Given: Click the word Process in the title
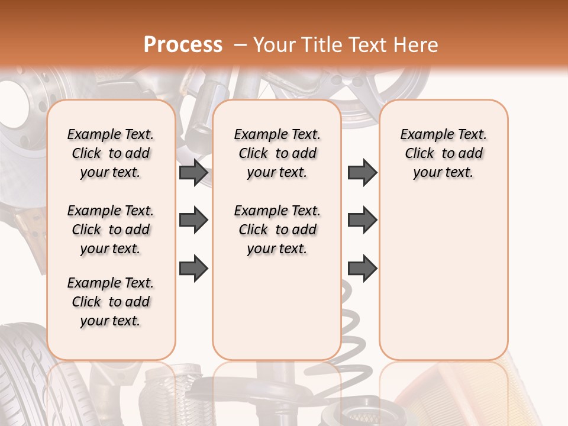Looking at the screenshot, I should (183, 45).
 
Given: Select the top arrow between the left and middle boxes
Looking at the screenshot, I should (193, 173).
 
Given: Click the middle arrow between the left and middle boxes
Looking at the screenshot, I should (193, 221).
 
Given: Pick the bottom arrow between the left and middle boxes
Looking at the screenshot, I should (193, 268).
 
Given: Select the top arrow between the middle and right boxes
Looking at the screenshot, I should (362, 173).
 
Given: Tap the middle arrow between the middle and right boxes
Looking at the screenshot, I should (362, 221).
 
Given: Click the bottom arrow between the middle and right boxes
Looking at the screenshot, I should (362, 268).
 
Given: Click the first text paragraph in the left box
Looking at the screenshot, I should (110, 153).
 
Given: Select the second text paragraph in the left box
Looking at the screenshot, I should (110, 230).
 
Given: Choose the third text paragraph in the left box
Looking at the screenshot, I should (110, 302).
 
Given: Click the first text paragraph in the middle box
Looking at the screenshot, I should (277, 153).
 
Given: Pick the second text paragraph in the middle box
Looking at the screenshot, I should (277, 230).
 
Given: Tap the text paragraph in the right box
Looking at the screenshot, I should (443, 153).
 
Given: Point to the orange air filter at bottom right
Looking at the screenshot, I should (532, 390).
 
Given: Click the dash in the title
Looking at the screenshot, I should (240, 45).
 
